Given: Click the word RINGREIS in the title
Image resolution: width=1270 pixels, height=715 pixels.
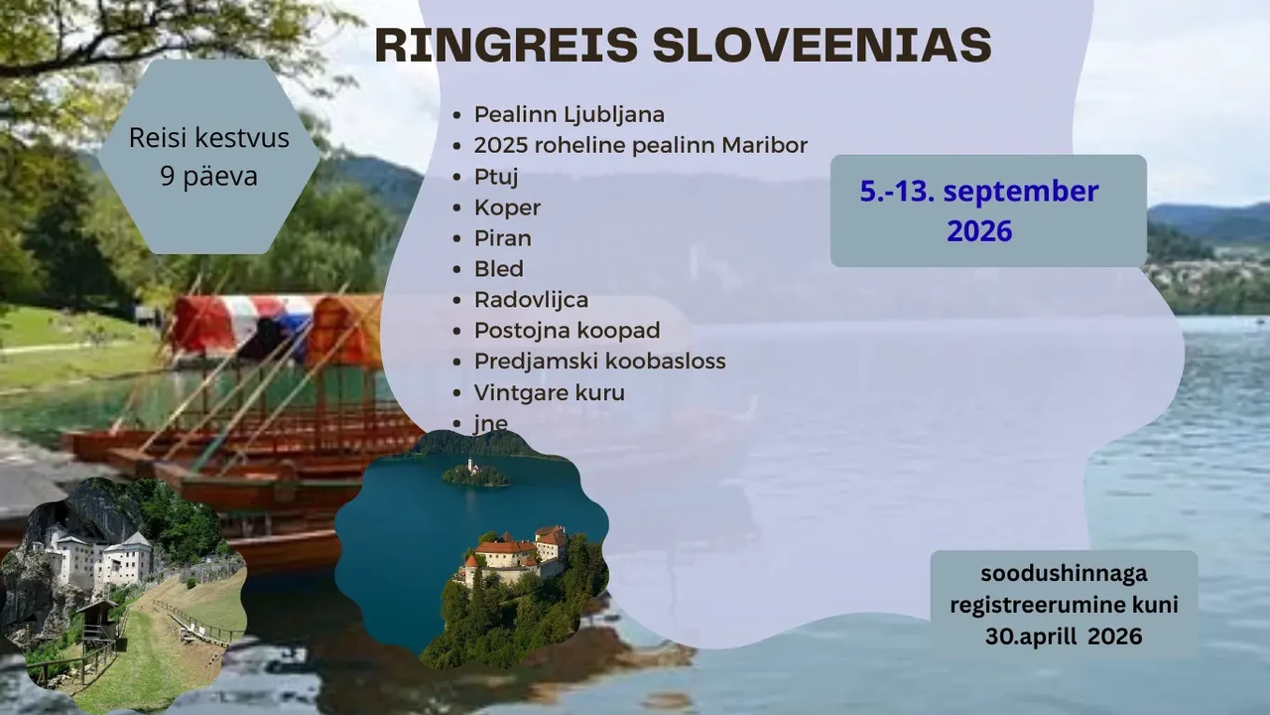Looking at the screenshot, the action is click(506, 45).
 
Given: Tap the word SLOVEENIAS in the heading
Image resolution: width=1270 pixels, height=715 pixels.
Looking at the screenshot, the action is click(823, 45).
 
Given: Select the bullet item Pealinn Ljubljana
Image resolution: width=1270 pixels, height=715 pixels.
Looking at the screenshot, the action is click(570, 114).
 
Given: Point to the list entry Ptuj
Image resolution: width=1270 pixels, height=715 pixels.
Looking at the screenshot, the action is click(496, 177).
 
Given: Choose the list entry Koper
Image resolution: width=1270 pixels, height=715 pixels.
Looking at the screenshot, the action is click(507, 208).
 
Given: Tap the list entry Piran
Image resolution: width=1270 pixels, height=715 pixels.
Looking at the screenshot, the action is click(503, 238).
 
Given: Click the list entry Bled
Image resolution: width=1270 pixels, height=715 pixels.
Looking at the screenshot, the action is click(499, 269).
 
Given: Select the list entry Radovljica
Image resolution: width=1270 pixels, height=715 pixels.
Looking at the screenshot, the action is click(531, 300).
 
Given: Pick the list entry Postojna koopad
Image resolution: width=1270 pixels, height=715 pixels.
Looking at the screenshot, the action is click(567, 331).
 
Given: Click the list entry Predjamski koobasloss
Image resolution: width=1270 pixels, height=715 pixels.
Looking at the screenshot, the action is click(600, 361).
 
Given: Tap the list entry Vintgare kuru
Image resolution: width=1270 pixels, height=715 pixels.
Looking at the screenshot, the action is click(550, 392).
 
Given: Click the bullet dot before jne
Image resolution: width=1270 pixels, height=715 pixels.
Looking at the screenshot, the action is click(457, 424).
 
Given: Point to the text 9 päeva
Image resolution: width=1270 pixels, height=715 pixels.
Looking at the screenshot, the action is click(208, 176).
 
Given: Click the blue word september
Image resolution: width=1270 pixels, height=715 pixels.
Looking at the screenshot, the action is click(1021, 192).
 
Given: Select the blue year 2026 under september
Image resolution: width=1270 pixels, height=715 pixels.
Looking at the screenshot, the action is click(979, 231).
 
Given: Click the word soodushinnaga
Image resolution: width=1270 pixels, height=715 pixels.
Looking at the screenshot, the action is click(1064, 574).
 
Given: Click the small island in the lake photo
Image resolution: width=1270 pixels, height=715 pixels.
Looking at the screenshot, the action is click(475, 475).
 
